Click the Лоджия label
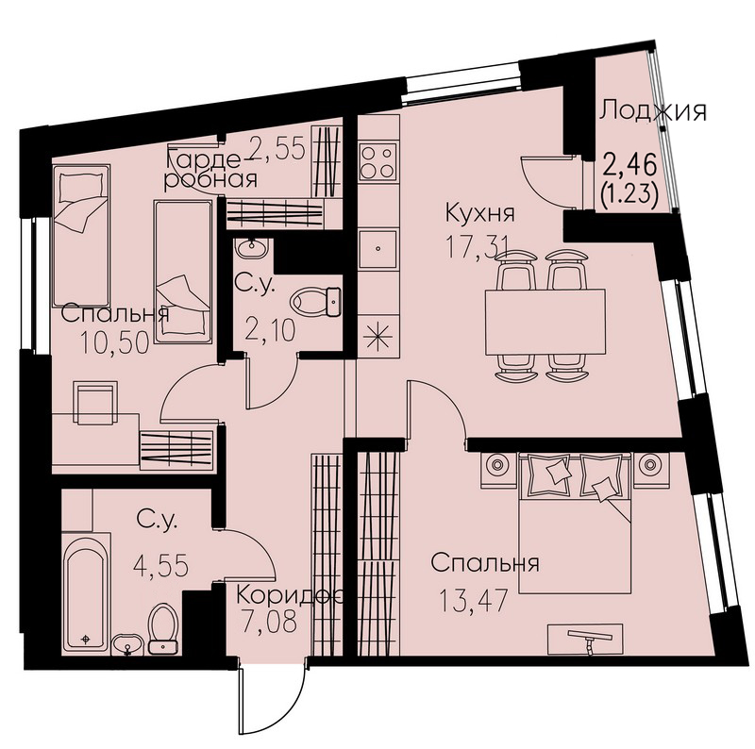(x=653, y=111)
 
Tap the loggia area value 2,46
(x=629, y=166)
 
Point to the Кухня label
(x=480, y=213)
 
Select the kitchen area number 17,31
(x=478, y=248)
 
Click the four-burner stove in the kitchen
(x=379, y=161)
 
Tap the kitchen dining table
(x=545, y=322)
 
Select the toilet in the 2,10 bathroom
(x=316, y=302)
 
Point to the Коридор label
(x=290, y=596)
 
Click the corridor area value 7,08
(x=268, y=621)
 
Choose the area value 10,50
(x=114, y=344)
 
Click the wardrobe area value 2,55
(x=277, y=148)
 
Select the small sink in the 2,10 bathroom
(x=250, y=247)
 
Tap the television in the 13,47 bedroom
(x=585, y=640)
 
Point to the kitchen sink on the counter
(x=379, y=248)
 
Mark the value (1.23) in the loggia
(x=629, y=195)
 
